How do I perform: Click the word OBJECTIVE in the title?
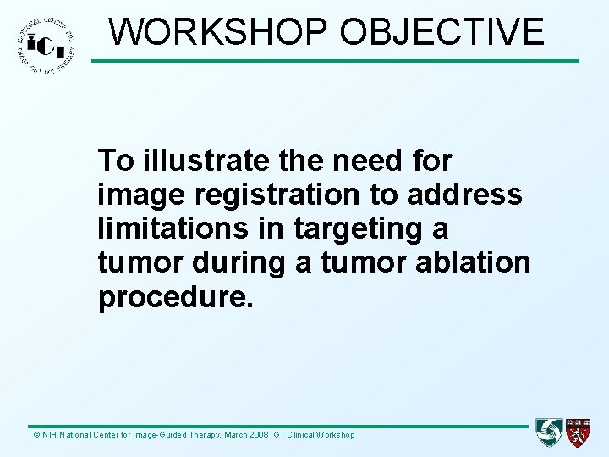pyautogui.click(x=442, y=32)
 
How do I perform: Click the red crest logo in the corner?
pyautogui.click(x=579, y=432)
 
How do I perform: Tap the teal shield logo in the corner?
pyautogui.click(x=549, y=432)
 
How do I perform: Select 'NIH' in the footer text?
pyautogui.click(x=48, y=435)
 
